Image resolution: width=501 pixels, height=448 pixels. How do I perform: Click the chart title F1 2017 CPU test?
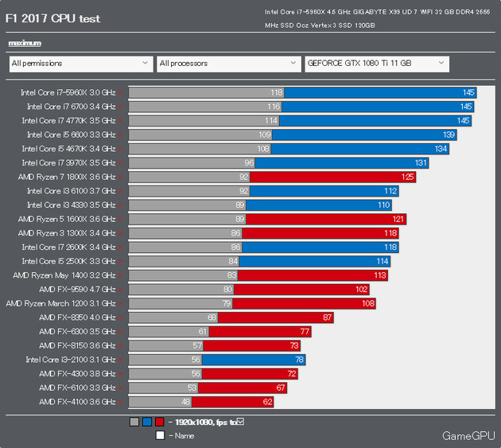point(54,18)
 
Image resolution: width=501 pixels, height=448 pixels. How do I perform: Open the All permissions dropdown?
point(80,63)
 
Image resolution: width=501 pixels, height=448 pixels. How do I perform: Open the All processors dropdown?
point(227,63)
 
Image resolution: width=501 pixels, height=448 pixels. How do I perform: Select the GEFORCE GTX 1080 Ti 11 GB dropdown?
point(376,63)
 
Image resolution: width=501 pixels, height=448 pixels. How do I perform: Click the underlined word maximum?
point(24,43)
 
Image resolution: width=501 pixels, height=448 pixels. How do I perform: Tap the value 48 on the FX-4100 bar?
point(186,402)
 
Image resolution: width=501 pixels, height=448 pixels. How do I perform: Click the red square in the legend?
point(160,422)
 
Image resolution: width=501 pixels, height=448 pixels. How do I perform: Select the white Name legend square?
point(160,435)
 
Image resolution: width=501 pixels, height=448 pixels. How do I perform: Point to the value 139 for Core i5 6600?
point(449,135)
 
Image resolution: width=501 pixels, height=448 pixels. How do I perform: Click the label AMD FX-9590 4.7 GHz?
point(77,290)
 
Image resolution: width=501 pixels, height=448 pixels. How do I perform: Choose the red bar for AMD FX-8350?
point(276,317)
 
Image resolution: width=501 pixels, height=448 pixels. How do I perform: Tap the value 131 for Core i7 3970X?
point(421,163)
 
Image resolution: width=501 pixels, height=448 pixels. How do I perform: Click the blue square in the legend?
point(147,422)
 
